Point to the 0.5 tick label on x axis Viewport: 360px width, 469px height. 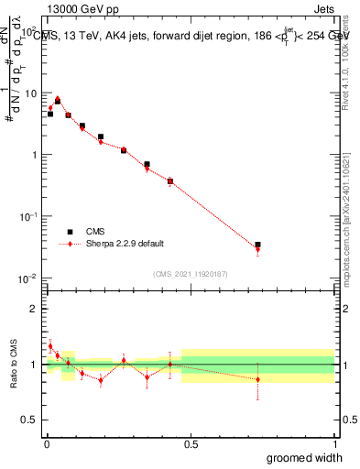tap(190, 442)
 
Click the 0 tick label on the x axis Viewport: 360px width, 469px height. tap(46, 442)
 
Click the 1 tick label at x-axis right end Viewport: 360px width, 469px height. tap(333, 442)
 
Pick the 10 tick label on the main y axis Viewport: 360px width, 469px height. tap(31, 93)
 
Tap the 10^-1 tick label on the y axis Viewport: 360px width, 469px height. tap(29, 216)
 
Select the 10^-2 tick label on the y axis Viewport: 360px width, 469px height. tap(29, 278)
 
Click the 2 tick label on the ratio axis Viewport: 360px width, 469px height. tap(35, 309)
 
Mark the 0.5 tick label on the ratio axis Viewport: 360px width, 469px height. tap(31, 420)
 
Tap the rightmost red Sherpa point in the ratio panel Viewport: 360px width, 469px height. tap(257, 379)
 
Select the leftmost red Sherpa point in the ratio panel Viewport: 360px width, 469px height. tap(49, 346)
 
